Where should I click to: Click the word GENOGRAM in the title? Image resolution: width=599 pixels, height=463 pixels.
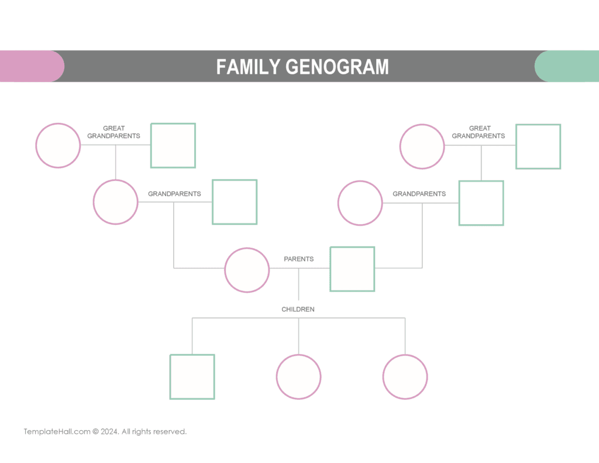337,67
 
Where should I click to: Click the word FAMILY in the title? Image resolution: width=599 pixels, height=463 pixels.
248,67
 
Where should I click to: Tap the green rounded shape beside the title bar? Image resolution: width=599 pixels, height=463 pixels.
567,66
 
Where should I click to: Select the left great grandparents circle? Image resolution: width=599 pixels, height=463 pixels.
58,145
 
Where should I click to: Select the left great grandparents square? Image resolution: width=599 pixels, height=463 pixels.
173,145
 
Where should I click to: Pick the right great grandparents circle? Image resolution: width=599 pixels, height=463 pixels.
422,146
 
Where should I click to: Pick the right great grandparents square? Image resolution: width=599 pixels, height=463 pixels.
538,146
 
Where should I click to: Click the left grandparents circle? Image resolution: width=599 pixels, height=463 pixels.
116,202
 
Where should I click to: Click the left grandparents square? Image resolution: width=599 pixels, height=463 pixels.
235,202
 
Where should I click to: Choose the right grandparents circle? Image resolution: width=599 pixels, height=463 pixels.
360,203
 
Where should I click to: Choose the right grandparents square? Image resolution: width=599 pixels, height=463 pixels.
481,203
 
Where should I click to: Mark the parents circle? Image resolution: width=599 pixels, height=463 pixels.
247,270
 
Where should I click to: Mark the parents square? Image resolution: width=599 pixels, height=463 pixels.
352,269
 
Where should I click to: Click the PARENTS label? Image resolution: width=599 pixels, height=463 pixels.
299,259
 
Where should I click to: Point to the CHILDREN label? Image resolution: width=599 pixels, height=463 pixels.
298,309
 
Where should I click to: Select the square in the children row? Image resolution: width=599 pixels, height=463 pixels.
192,376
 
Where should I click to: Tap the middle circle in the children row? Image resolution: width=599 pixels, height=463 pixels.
298,377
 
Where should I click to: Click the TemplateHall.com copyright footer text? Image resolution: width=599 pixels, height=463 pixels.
105,431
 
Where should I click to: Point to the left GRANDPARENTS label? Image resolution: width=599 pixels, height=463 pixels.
174,194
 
